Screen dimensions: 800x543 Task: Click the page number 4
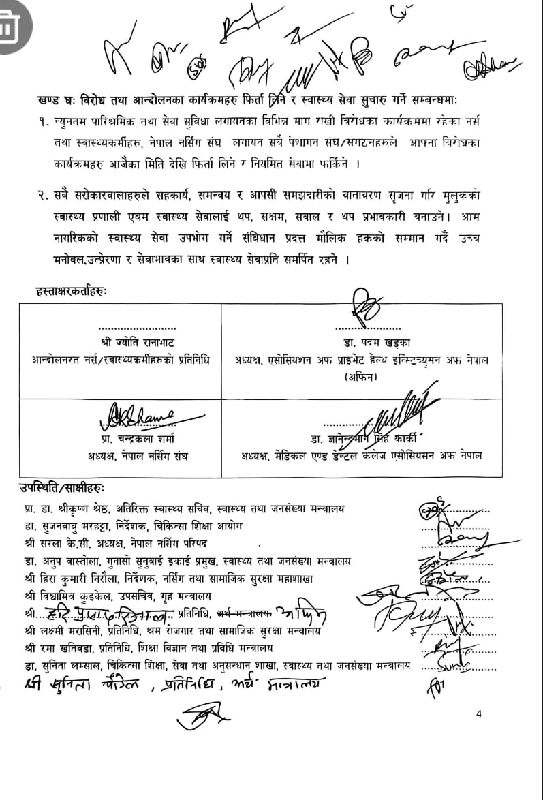coord(480,713)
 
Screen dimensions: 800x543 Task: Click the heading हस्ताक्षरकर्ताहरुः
coord(72,292)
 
